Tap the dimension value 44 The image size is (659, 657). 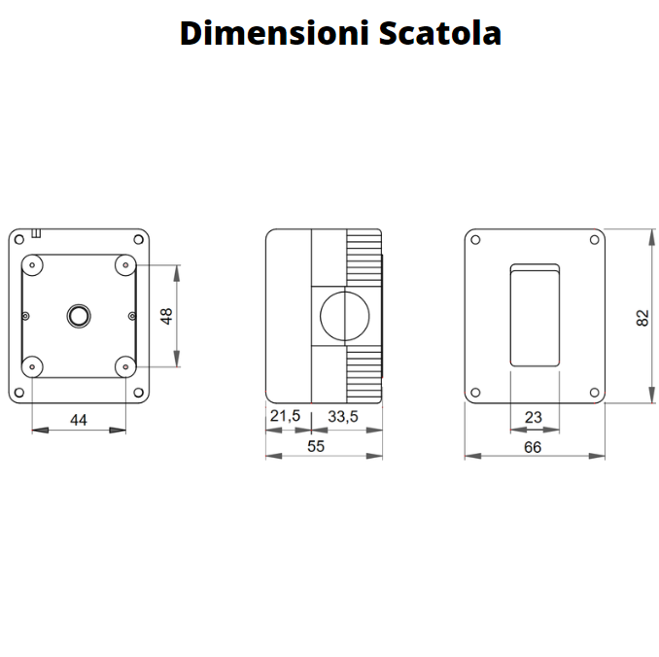coord(79,419)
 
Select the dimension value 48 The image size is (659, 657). coord(166,316)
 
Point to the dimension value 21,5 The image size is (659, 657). coord(285,416)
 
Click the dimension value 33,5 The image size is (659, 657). coord(343,416)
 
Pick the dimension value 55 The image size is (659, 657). coord(315,446)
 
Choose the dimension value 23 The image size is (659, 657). coord(533,417)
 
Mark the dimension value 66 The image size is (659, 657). coord(533,447)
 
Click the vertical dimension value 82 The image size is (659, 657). coord(642,317)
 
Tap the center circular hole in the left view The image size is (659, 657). coord(78,315)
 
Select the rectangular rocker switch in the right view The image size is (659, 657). coord(535,315)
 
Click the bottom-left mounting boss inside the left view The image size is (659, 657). coord(32,365)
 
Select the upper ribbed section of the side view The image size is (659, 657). coord(362,258)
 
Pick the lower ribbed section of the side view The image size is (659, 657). coord(362,373)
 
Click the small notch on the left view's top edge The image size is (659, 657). coord(37,232)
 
